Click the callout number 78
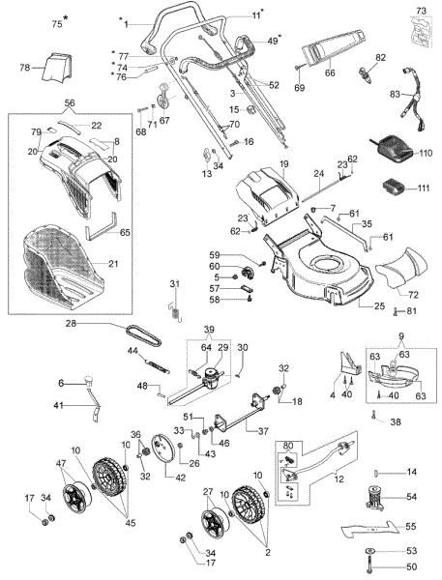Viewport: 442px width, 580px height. (x=25, y=68)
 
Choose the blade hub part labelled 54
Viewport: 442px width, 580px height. (x=372, y=499)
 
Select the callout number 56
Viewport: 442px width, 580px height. (x=69, y=101)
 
